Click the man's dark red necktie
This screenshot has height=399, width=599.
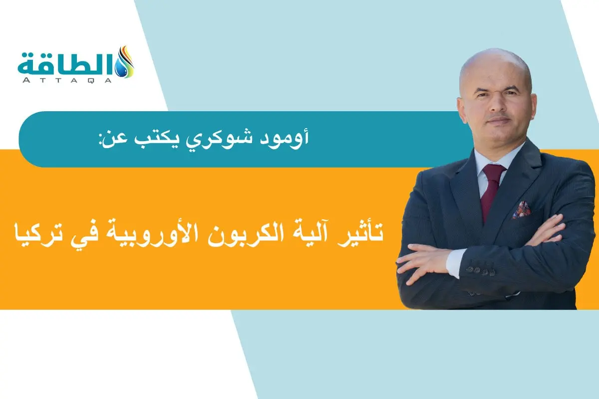(491, 189)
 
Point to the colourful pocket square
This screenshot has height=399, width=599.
(521, 209)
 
